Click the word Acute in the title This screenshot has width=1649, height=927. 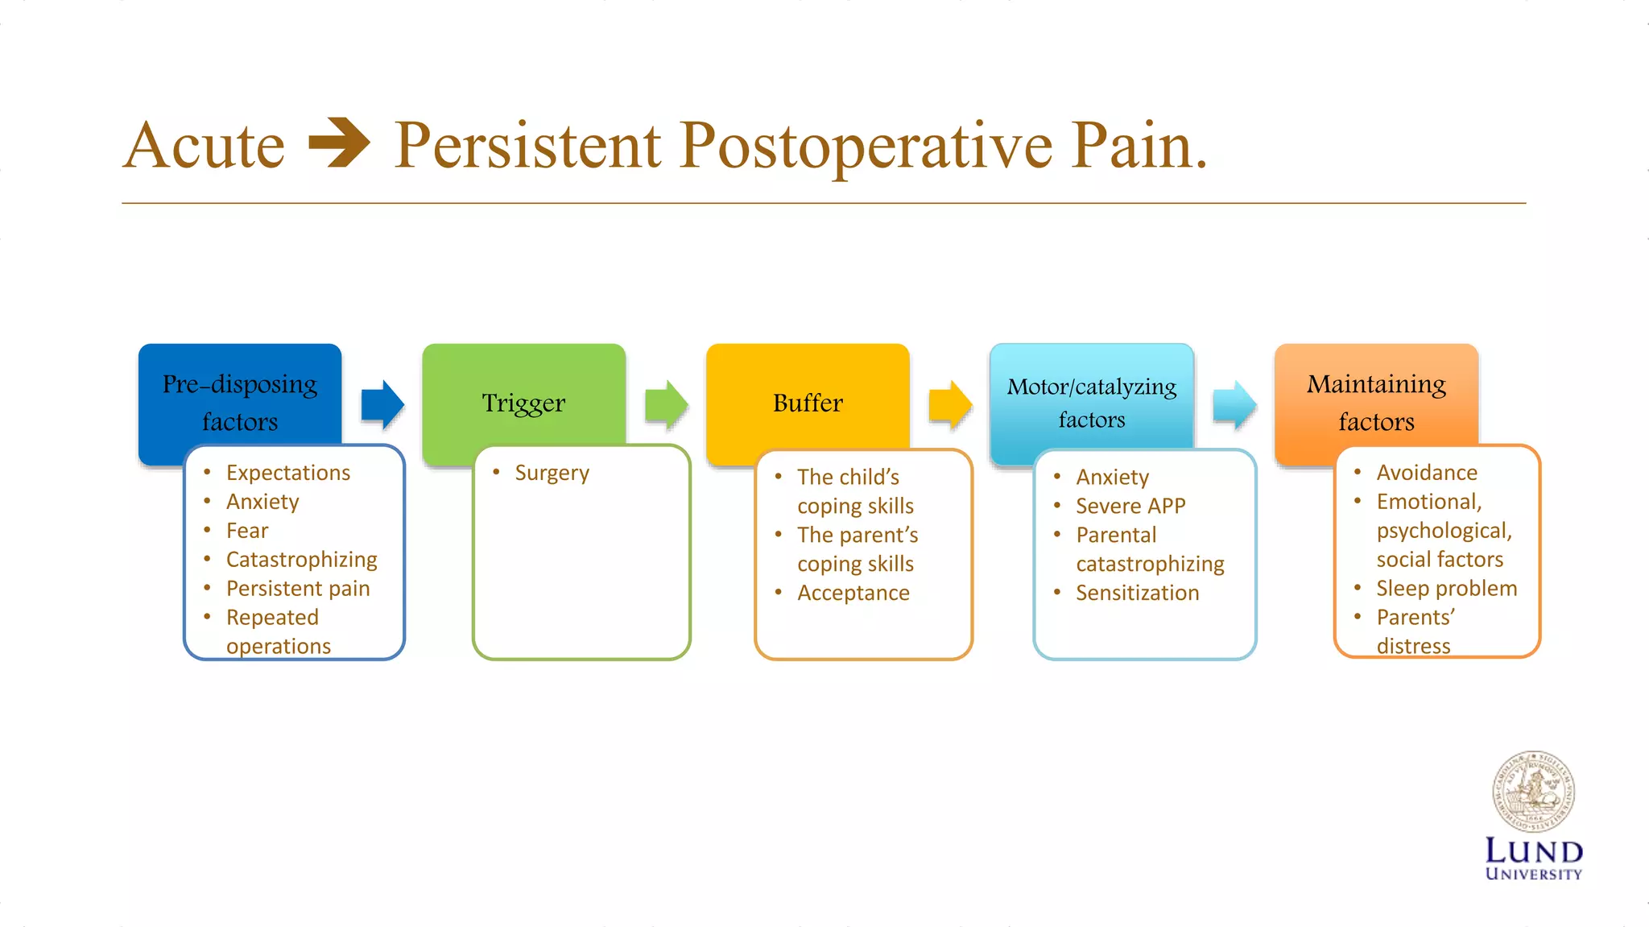coord(205,146)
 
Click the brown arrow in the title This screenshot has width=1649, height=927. coord(339,143)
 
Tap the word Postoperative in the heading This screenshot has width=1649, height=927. coord(866,146)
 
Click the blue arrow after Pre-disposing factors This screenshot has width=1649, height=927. coord(382,404)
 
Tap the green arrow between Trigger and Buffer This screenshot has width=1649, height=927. coord(667,404)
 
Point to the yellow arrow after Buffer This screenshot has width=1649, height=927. coord(951,404)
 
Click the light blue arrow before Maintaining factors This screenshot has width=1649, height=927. coord(1234,404)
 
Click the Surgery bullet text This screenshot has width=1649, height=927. coord(552,473)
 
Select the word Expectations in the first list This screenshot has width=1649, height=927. coord(288,473)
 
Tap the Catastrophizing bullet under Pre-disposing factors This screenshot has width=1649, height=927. coord(301,560)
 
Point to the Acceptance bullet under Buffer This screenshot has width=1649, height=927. coord(853,594)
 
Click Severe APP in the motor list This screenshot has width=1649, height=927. coord(1130,507)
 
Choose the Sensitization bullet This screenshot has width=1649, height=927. coord(1137,594)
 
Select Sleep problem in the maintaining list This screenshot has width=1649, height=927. coord(1446,589)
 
